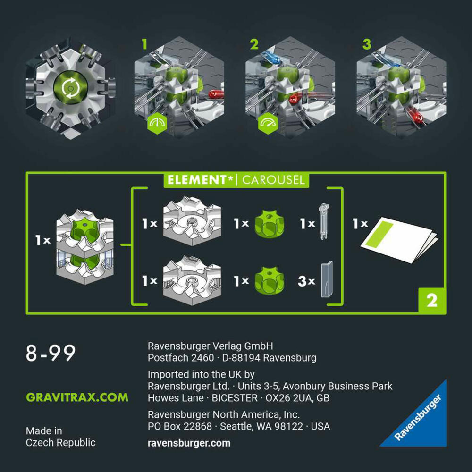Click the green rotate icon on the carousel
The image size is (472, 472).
pos(71,88)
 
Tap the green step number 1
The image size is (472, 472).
pos(145,44)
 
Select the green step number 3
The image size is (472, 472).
pos(367,44)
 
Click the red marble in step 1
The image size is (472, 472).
pos(216,94)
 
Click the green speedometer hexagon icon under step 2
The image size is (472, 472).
pos(268,123)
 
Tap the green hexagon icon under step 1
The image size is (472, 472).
pos(157,123)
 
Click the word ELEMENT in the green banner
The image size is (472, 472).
pos(197,180)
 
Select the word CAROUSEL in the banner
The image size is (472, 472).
pos(273,180)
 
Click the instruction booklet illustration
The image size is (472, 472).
pos(399,239)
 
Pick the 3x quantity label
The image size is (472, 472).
pos(306,281)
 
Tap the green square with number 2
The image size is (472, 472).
pos(432,301)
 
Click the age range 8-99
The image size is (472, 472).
pos(51,353)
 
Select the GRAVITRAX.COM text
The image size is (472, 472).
pos(77,397)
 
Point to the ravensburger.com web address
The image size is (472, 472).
pos(189,443)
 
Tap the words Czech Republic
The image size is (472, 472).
pos(61,443)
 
